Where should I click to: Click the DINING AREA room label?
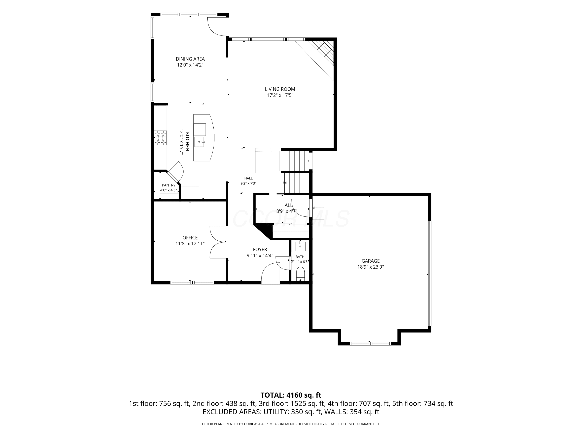[x=190, y=59]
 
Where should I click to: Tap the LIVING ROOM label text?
[x=280, y=89]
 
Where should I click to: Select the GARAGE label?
[x=371, y=261]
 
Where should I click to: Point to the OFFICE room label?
[x=190, y=238]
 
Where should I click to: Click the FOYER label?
[x=260, y=249]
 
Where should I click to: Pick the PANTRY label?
[x=168, y=185]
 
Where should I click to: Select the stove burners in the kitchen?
[x=160, y=138]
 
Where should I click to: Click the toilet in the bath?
[x=300, y=274]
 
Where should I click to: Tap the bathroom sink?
[x=300, y=246]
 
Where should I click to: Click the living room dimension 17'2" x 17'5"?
[x=280, y=95]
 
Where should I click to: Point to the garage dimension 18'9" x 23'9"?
[x=371, y=267]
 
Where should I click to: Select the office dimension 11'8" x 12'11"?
[x=190, y=244]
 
